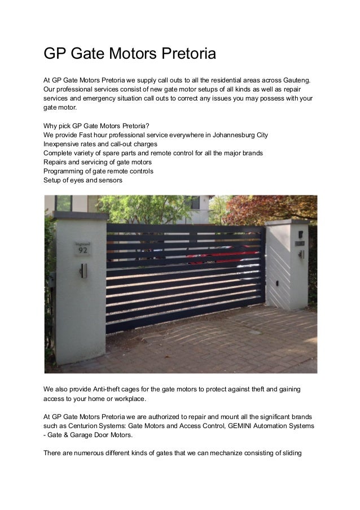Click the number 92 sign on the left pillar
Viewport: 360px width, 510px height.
[x=82, y=249]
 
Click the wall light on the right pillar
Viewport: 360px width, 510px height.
[x=301, y=254]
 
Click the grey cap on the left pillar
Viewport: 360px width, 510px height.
[x=80, y=215]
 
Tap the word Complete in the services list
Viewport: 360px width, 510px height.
[x=59, y=153]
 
